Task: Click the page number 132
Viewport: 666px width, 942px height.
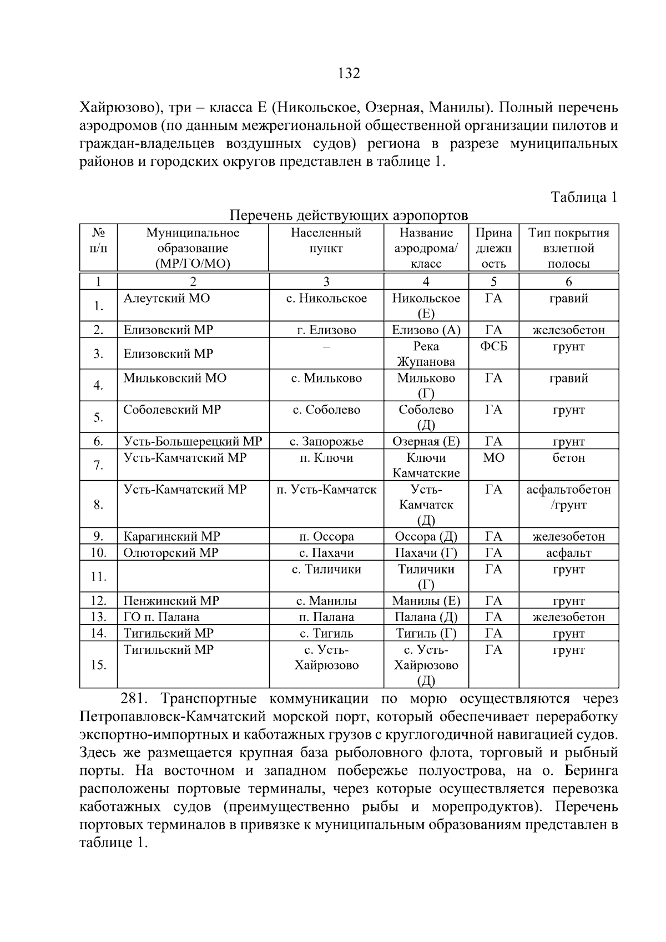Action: tap(349, 73)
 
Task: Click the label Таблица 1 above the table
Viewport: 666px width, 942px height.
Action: tap(583, 197)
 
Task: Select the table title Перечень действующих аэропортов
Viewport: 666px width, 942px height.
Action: tap(349, 215)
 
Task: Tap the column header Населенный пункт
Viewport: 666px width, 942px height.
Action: tap(326, 240)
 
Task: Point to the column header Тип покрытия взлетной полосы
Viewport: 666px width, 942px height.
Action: tap(568, 248)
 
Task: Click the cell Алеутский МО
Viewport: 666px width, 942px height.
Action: tap(167, 299)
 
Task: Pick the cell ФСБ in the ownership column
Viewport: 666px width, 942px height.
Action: tap(493, 347)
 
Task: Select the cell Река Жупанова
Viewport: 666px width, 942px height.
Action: tap(426, 354)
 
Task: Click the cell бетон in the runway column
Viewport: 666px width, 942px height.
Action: tap(568, 458)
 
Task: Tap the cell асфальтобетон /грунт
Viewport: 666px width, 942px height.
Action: tap(568, 497)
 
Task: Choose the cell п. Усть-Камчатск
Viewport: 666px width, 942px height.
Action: tap(326, 490)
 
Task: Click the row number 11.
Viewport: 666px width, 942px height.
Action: tap(98, 577)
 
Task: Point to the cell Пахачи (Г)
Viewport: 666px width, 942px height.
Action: tap(426, 553)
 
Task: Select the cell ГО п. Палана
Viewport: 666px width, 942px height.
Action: tap(162, 617)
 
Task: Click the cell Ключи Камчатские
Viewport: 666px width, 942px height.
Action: tap(426, 465)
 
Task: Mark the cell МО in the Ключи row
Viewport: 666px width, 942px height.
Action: tap(493, 458)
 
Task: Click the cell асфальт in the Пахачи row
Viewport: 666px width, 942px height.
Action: tap(568, 553)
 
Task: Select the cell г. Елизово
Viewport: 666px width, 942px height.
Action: tap(326, 330)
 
